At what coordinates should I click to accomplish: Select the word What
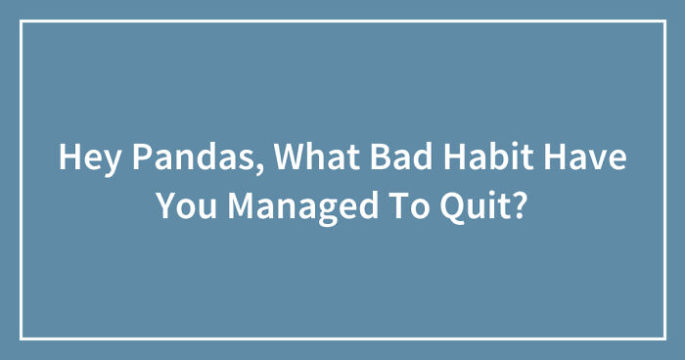(305, 159)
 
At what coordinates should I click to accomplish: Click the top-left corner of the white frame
(22, 22)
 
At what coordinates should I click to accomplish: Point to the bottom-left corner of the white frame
(22, 337)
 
